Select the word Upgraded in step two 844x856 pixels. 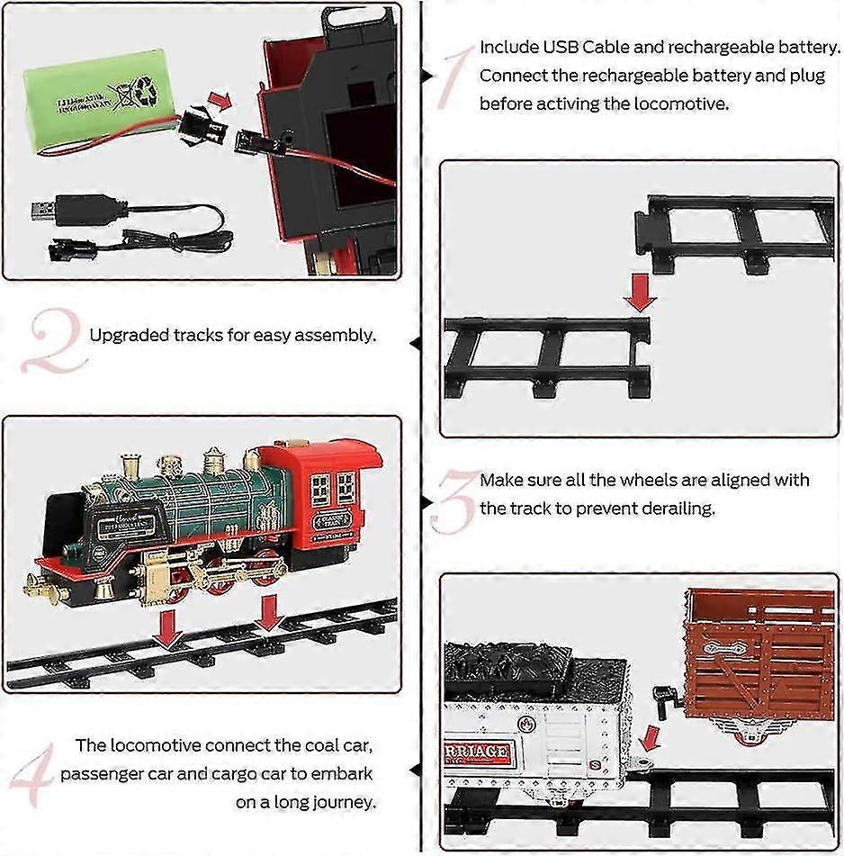coord(127,336)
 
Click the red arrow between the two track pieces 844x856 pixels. coord(641,292)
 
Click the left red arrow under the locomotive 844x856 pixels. coord(167,630)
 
